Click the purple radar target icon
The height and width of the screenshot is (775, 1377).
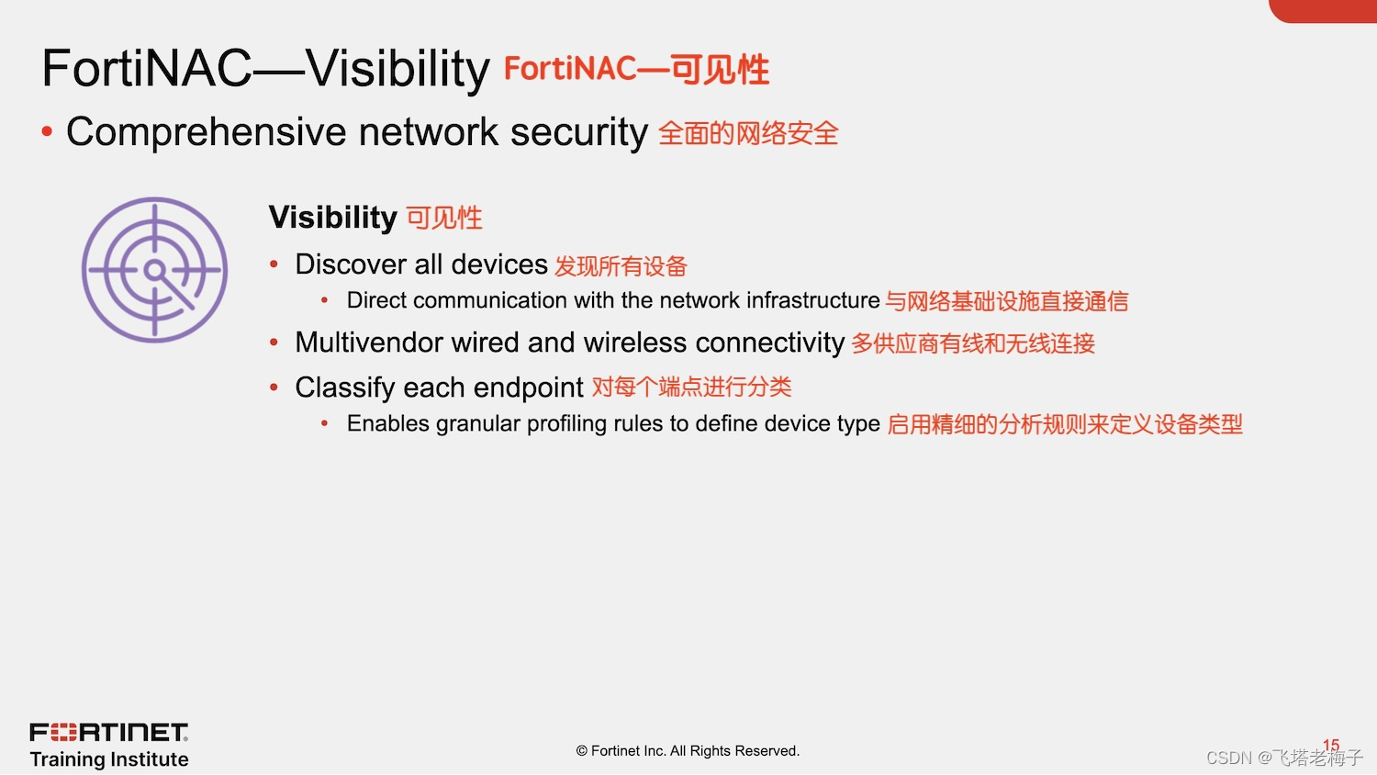154,270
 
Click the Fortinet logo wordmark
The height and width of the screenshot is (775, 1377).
108,732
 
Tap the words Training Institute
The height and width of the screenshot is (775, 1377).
109,759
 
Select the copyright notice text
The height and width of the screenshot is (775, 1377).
688,751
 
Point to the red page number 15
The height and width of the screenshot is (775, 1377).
1331,745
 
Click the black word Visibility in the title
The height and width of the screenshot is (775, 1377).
397,69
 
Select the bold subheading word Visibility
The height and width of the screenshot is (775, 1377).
332,218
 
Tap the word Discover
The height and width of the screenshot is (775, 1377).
352,264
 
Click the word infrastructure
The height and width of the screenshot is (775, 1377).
812,300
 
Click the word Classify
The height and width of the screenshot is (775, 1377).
345,387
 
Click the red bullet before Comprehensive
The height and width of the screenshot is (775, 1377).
47,132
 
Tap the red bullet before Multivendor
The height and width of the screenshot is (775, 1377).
274,343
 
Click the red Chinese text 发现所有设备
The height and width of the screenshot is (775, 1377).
621,266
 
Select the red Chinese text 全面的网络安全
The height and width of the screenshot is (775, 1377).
748,134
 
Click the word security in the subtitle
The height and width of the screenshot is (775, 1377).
578,132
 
